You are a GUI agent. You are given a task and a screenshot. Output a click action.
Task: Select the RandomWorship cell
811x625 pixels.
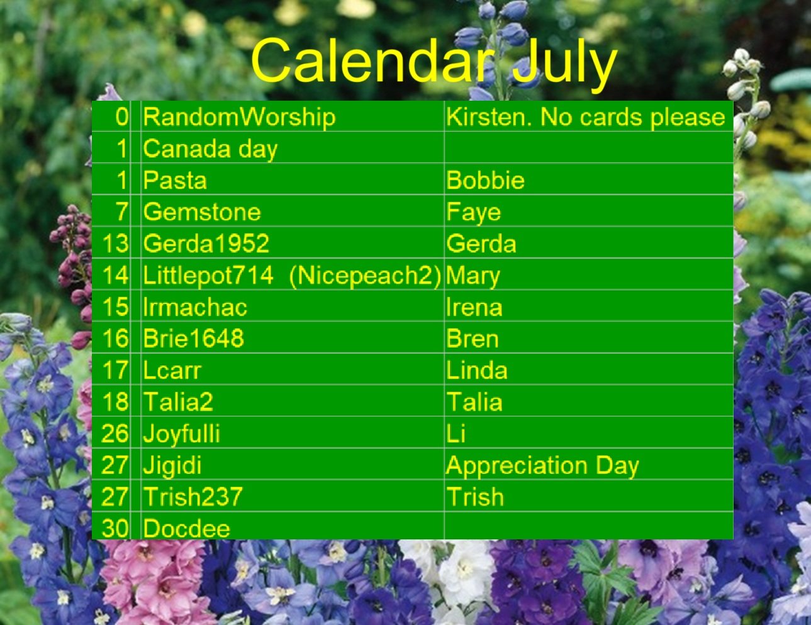pyautogui.click(x=239, y=117)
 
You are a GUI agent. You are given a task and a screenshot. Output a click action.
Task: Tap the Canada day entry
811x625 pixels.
pyautogui.click(x=210, y=149)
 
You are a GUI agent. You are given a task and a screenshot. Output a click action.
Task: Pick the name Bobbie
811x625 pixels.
pyautogui.click(x=485, y=181)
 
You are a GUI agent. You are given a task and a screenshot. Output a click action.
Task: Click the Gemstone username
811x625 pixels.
pyautogui.click(x=202, y=212)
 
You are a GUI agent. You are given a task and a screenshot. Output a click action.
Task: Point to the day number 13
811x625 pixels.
pyautogui.click(x=115, y=244)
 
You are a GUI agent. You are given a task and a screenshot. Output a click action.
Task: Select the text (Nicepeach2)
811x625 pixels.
pyautogui.click(x=365, y=276)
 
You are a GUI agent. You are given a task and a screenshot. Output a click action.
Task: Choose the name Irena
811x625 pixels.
pyautogui.click(x=474, y=307)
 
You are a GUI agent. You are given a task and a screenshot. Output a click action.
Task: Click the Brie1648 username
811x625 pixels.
pyautogui.click(x=193, y=339)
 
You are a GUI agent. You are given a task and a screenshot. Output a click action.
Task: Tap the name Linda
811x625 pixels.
pyautogui.click(x=476, y=370)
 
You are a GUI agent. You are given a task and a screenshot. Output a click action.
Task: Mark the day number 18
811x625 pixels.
pyautogui.click(x=115, y=402)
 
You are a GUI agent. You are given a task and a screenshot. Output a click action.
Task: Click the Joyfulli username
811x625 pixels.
pyautogui.click(x=182, y=434)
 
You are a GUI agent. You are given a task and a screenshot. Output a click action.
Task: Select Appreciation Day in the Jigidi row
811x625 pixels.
pyautogui.click(x=542, y=465)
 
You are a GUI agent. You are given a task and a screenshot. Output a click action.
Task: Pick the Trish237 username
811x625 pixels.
pyautogui.click(x=193, y=497)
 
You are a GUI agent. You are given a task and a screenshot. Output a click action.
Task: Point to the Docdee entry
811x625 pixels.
pyautogui.click(x=186, y=527)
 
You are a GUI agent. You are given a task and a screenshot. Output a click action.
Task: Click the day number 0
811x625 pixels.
pyautogui.click(x=122, y=117)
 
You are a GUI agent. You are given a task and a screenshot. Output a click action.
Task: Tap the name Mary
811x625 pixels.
pyautogui.click(x=473, y=276)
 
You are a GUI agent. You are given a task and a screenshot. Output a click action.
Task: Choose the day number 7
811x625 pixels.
pyautogui.click(x=122, y=212)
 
